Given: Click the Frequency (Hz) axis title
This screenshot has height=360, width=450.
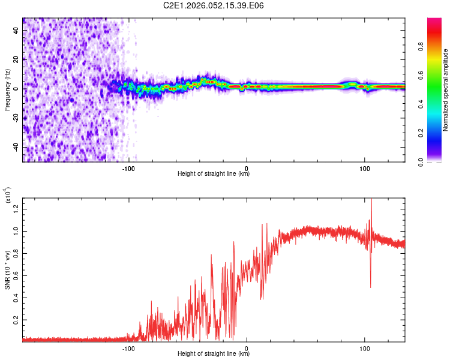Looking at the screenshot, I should tap(8, 89).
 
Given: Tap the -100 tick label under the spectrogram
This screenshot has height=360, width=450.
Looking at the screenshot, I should tap(127, 169).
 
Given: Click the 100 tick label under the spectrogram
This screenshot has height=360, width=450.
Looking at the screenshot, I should tap(364, 169).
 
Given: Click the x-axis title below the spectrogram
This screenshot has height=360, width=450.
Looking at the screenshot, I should tap(214, 175).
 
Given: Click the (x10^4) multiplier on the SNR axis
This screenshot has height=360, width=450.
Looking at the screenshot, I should tap(8, 196).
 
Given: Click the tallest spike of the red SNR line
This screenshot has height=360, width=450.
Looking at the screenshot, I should tap(371, 200).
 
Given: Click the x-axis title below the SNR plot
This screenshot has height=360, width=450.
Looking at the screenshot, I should tap(214, 354).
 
